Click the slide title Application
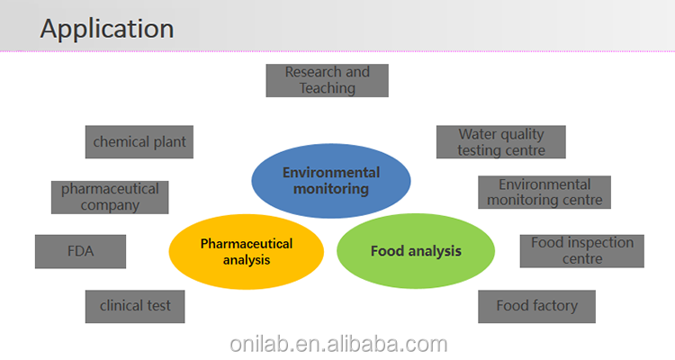pos(106,28)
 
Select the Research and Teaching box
pos(328,80)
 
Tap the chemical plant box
pos(139,142)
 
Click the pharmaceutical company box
pos(110,197)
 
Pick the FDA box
pos(80,251)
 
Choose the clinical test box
pos(135,306)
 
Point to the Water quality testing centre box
pos(500,142)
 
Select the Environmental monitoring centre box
pos(544,193)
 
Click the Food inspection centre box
pos(581,251)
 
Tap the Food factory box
pos(536,306)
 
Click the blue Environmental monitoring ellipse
pos(331,181)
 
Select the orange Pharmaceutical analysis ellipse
pos(247,252)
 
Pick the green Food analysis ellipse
pos(416,251)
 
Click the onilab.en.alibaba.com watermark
pos(337,344)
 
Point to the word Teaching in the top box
pos(328,88)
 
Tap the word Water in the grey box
pos(476,134)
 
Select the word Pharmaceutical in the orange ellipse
pos(247,244)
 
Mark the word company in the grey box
pos(110,205)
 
